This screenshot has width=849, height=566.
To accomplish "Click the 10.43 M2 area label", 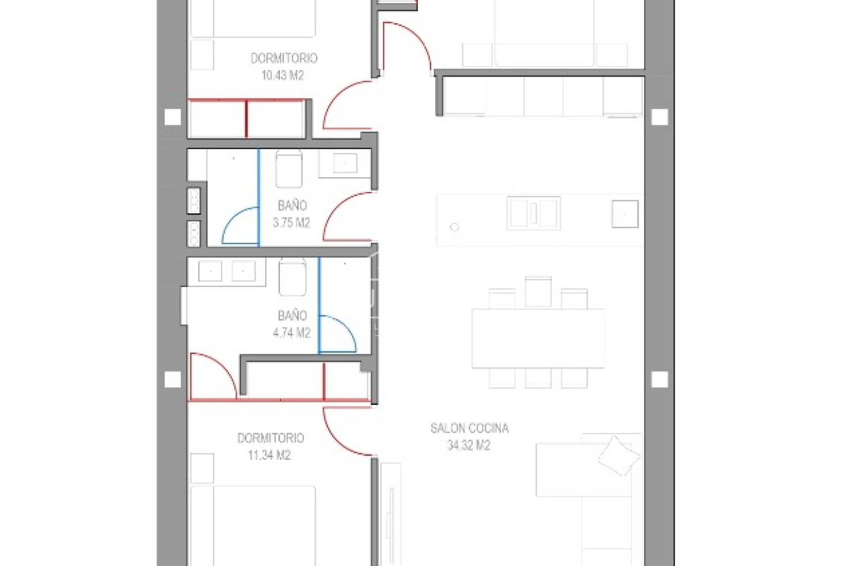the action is point(283,75).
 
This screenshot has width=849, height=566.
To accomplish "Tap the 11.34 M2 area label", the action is point(269,455).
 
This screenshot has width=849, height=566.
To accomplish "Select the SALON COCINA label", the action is point(470,428).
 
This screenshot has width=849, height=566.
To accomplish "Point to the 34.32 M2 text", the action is point(469,445).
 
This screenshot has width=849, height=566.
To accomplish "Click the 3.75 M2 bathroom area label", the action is point(291,222).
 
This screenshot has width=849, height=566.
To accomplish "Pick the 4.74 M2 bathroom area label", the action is point(292,333).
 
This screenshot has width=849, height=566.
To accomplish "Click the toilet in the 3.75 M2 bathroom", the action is point(289,169).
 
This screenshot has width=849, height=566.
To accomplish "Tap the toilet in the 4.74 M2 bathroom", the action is point(293,277).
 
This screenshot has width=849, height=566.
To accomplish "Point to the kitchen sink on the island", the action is point(534,214).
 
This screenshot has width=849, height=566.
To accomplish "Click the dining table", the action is point(538,338).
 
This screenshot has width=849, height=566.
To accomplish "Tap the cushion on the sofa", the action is point(619,456).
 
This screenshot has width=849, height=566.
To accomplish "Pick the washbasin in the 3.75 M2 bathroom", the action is point(344,163).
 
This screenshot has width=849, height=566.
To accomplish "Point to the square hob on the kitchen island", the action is point(625,214).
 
